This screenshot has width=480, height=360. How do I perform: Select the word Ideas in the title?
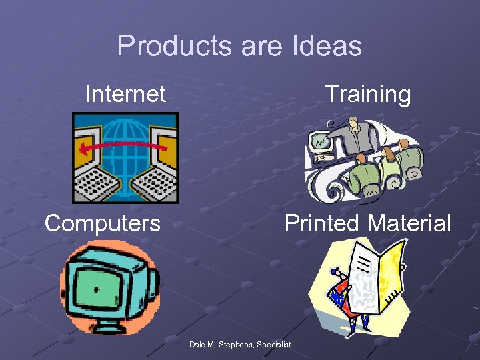pyautogui.click(x=327, y=46)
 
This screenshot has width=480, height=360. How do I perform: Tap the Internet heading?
pyautogui.click(x=125, y=94)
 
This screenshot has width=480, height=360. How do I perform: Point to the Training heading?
pyautogui.click(x=367, y=94)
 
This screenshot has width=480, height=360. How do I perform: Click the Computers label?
pyautogui.click(x=103, y=223)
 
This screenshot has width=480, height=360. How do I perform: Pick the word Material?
pyautogui.click(x=410, y=223)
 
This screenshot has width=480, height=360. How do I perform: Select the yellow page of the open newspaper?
pyautogui.click(x=392, y=273)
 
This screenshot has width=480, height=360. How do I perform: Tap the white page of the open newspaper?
pyautogui.click(x=363, y=280)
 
